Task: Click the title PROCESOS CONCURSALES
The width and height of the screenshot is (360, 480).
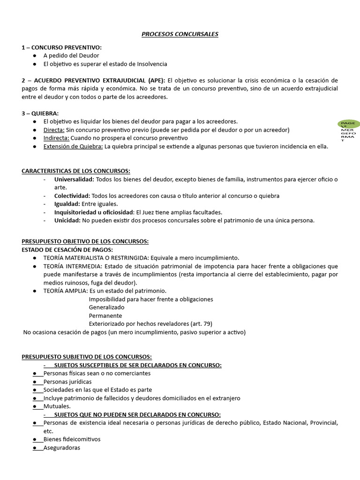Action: pos(180,34)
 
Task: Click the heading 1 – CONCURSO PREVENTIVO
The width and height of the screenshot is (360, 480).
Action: pos(61,47)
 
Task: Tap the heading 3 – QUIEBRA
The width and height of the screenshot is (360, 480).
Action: pos(40,113)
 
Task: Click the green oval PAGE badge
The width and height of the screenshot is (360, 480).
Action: pos(349,124)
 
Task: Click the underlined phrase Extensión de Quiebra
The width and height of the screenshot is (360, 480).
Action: pos(73,146)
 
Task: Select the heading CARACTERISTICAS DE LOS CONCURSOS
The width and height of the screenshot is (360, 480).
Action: pos(76,171)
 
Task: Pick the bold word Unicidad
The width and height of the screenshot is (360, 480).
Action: pos(67,220)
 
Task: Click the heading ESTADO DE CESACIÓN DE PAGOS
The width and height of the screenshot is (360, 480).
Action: pos(67,249)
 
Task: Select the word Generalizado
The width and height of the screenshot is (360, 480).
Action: pos(106,307)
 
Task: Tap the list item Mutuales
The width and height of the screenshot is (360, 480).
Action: pos(57,406)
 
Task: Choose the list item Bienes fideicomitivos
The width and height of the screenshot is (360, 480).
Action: pos(72,439)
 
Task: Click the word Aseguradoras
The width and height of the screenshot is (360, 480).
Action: pos(62,448)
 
